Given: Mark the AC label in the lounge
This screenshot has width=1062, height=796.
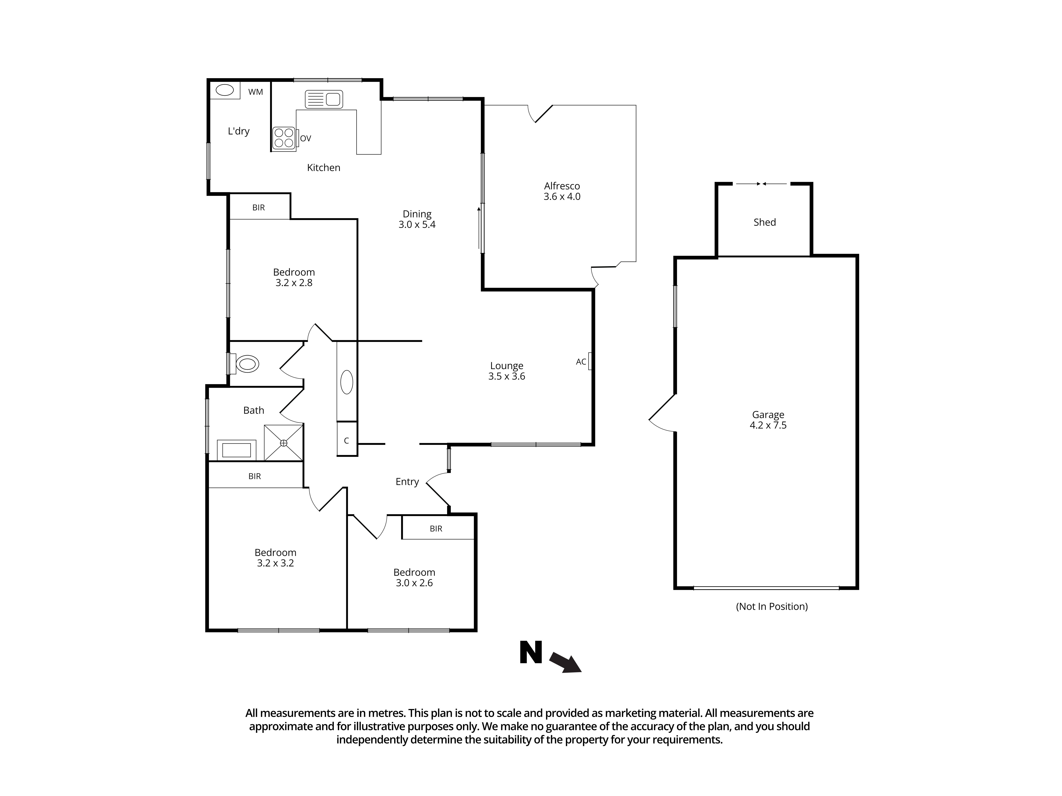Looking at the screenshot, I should pyautogui.click(x=581, y=362).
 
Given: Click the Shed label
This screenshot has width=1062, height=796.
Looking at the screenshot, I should pyautogui.click(x=764, y=222).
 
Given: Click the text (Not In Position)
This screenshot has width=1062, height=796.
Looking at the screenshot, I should pyautogui.click(x=772, y=607).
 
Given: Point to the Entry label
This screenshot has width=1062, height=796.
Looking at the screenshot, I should pyautogui.click(x=407, y=482).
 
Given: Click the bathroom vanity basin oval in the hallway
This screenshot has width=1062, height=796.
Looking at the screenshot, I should pyautogui.click(x=347, y=382).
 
